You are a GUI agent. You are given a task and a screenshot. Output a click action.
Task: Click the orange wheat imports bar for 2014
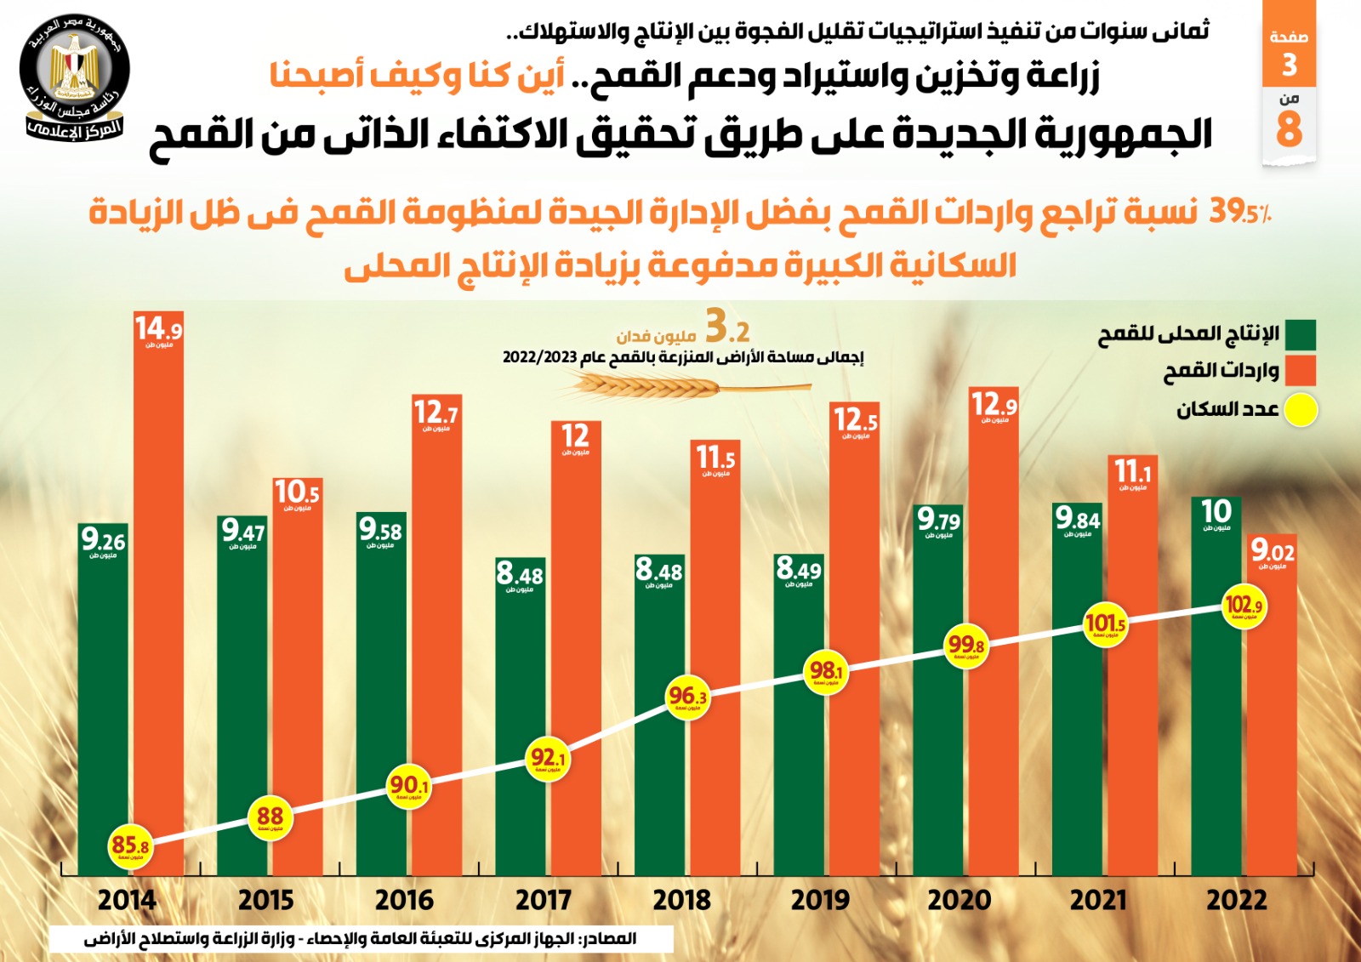159,595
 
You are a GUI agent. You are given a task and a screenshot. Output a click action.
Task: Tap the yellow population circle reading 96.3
687,698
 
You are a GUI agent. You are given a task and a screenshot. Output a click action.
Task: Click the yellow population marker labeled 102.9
1244,606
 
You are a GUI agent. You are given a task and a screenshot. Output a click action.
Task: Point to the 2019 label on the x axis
820,900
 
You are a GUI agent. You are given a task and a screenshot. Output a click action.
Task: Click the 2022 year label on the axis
1236,900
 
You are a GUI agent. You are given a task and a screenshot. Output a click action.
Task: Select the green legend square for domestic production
1301,334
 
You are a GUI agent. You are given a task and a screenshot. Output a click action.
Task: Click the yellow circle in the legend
1301,410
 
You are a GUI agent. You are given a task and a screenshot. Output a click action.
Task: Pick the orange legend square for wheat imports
1301,371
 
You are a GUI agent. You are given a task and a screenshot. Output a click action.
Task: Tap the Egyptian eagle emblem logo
73,77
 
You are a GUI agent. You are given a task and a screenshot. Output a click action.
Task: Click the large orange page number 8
1289,129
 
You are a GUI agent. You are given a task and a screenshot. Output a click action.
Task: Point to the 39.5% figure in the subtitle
1239,211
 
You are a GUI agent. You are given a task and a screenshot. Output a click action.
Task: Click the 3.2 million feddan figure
727,327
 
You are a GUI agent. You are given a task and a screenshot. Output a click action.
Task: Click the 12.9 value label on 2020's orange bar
994,405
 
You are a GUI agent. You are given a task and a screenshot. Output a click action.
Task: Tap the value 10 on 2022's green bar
1216,512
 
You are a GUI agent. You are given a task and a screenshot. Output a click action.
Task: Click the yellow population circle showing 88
270,818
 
